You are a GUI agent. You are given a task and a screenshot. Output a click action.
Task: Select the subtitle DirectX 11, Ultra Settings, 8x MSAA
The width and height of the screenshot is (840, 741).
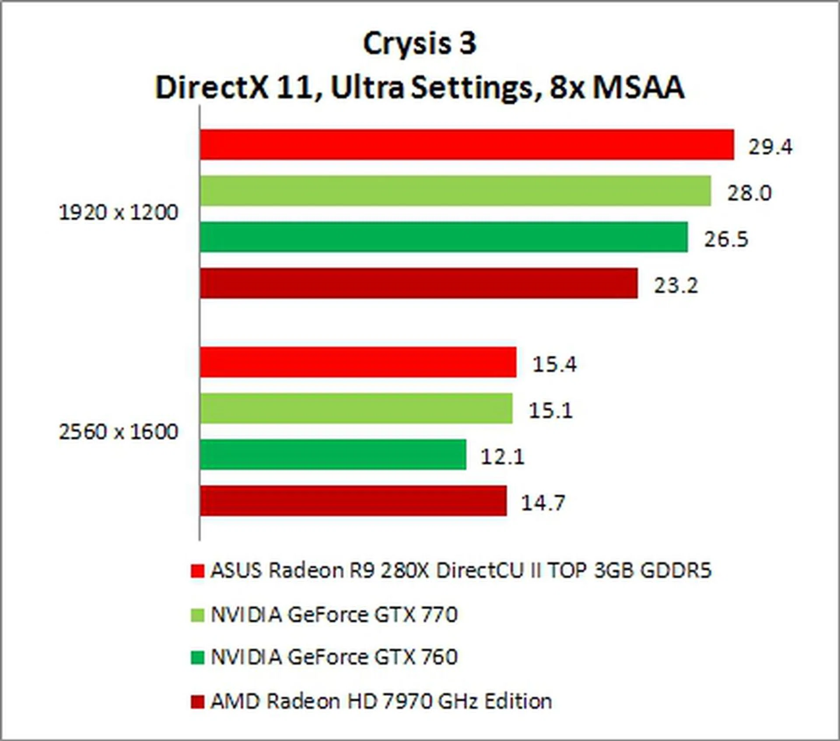(x=420, y=87)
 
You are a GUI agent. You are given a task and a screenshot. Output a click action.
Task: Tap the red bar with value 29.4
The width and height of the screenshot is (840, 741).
(x=467, y=145)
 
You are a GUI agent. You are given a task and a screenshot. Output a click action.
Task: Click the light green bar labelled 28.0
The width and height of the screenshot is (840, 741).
(x=455, y=191)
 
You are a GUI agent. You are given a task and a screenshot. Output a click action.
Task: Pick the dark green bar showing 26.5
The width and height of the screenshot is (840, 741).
(x=444, y=237)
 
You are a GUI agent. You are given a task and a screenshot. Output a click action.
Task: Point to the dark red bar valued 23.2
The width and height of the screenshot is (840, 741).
(x=419, y=283)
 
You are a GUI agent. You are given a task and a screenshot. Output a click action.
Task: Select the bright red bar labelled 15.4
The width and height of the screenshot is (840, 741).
(x=358, y=362)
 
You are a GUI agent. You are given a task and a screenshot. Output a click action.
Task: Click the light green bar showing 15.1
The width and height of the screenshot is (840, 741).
(x=356, y=408)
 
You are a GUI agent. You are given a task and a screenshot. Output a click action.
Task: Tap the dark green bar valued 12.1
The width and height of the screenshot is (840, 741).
(x=333, y=454)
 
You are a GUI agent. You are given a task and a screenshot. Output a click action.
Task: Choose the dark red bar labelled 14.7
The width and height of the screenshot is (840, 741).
(x=353, y=500)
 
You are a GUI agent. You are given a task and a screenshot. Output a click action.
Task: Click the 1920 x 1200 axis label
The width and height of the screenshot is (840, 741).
(x=119, y=213)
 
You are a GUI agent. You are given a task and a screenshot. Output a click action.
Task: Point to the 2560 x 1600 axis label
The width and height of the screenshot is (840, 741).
(x=119, y=432)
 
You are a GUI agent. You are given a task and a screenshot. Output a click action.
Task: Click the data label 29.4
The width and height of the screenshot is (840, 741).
(x=770, y=147)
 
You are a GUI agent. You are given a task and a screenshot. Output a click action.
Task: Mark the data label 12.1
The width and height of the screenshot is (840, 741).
(x=502, y=457)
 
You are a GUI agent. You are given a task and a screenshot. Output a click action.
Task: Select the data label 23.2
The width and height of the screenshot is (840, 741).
(x=676, y=286)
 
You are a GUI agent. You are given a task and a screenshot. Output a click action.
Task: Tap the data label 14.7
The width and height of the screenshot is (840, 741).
(x=543, y=503)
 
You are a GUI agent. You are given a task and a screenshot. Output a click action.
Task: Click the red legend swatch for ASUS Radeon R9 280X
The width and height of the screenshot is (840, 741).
(x=197, y=571)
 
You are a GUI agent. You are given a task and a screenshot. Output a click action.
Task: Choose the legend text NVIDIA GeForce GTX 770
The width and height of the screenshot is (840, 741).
(x=334, y=615)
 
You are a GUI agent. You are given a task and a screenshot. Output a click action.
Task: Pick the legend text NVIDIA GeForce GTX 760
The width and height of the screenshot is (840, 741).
(x=334, y=657)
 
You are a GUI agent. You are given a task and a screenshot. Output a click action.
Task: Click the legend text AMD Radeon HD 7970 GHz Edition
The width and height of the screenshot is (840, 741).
(x=381, y=701)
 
